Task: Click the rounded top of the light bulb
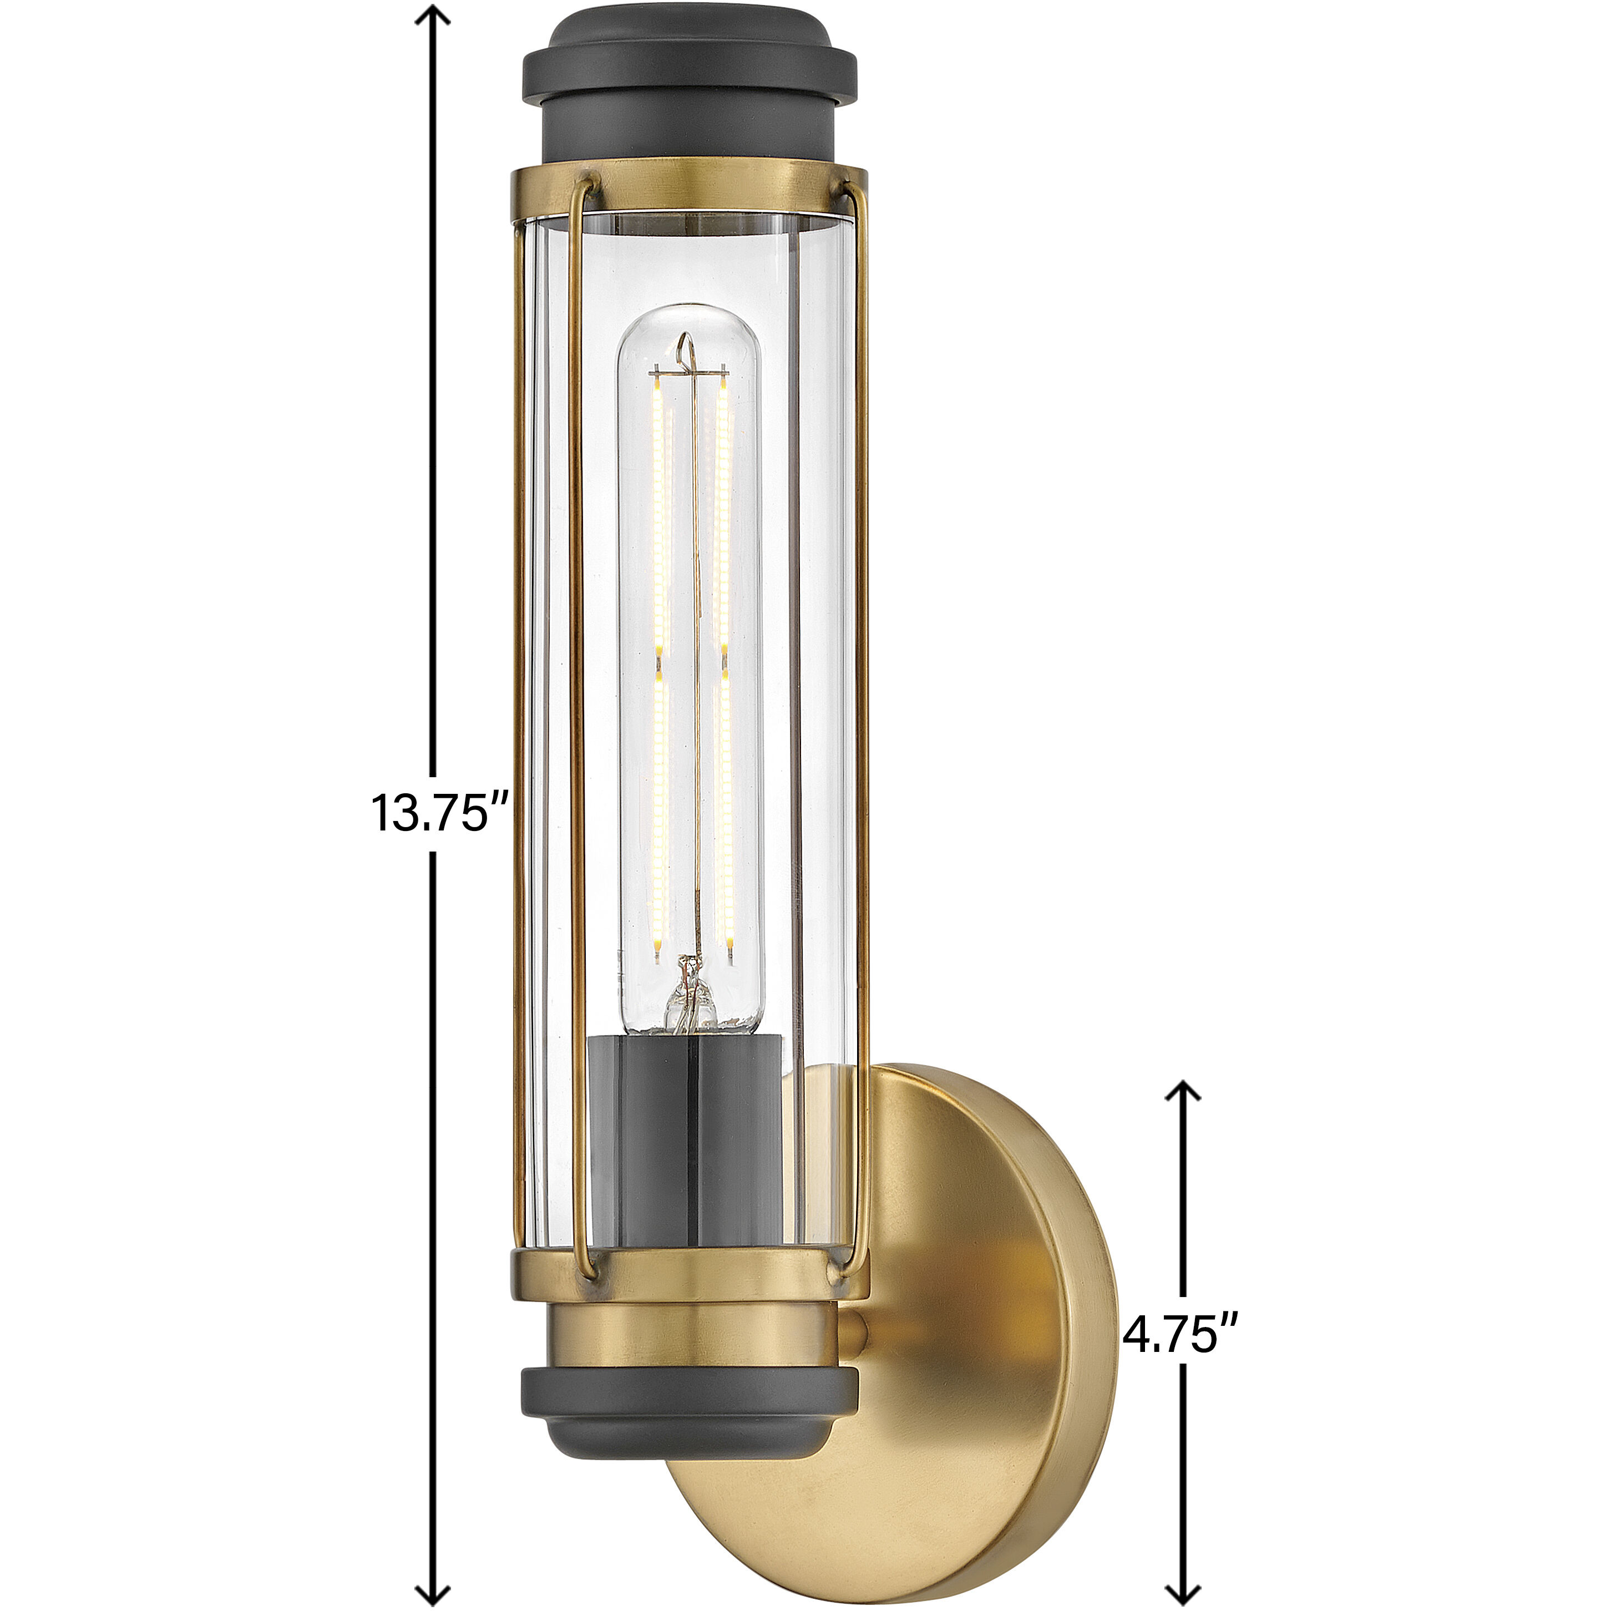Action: point(689,321)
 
